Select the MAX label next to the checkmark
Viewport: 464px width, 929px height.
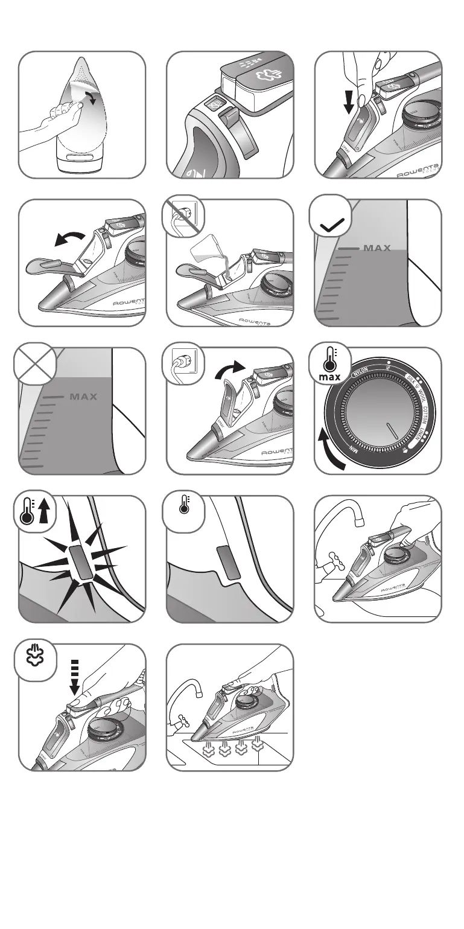[x=377, y=248]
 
